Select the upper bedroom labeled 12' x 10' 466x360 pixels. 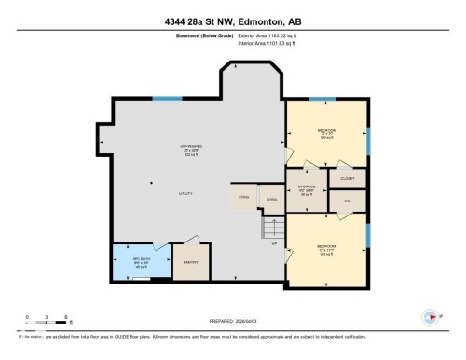326,132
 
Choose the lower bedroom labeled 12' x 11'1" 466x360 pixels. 326,249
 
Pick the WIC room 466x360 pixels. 347,201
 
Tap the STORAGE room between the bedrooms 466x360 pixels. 307,190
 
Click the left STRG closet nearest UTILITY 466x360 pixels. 244,198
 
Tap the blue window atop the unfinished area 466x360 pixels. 167,98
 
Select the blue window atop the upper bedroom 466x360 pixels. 322,98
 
